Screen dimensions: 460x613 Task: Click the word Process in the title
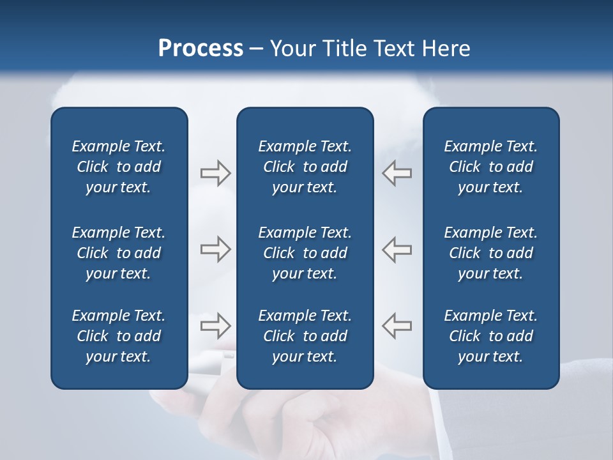(201, 49)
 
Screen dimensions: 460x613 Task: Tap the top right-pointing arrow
(215, 173)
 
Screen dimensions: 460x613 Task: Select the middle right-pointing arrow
(215, 249)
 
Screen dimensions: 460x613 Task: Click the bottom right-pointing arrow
(215, 325)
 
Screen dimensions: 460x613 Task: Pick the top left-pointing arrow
(397, 173)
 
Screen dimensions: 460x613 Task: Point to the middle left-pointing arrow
(397, 249)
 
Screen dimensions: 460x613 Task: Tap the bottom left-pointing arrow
(397, 325)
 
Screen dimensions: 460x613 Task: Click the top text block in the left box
(119, 167)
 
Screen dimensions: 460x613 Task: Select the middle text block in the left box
(119, 253)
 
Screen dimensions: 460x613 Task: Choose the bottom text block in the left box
(119, 336)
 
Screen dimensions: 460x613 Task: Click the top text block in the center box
(305, 167)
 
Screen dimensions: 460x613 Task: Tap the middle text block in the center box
(305, 253)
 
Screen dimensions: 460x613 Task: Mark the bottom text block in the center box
(305, 336)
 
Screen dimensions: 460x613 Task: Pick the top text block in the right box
(490, 167)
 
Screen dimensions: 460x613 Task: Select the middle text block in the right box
(490, 253)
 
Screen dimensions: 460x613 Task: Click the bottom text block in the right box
(490, 336)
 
